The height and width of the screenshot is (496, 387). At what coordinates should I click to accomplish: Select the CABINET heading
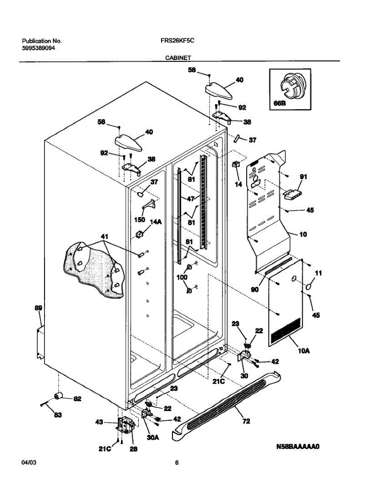point(178,58)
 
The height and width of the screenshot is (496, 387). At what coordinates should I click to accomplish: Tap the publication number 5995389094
point(39,48)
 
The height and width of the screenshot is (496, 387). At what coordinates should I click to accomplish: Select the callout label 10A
point(304,351)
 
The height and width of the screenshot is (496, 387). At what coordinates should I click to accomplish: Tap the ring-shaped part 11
point(309,286)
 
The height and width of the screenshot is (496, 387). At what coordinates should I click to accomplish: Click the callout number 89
point(38,308)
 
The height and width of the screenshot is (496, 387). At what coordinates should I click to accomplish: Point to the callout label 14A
point(156,222)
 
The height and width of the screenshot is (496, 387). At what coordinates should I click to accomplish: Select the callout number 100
point(182,278)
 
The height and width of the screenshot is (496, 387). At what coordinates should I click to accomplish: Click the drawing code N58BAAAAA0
point(298,446)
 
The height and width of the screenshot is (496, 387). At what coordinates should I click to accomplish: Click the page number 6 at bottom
point(176,463)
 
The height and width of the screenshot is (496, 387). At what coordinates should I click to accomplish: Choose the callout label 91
point(304,177)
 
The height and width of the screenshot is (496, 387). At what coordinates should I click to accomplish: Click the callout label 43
point(99,422)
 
